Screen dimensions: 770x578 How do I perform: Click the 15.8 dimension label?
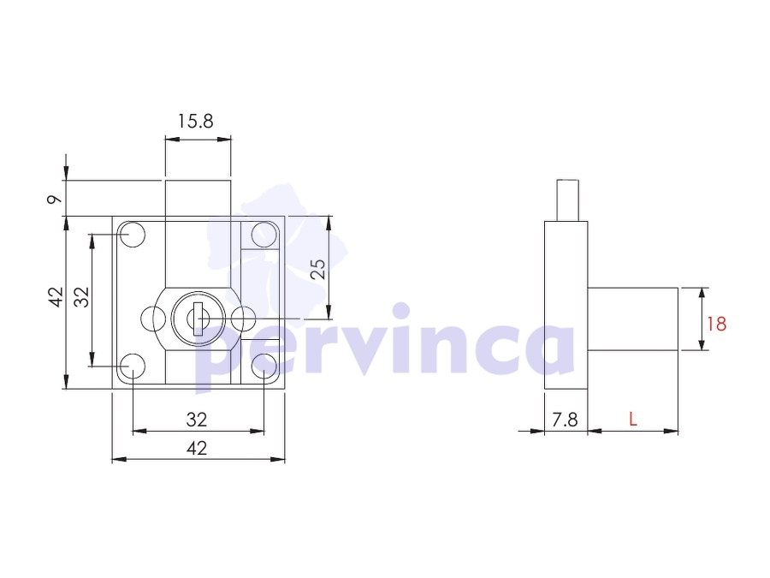(195, 121)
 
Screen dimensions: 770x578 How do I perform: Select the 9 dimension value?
(55, 199)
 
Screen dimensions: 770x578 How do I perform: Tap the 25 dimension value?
(319, 269)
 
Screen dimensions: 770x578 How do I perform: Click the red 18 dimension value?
(716, 324)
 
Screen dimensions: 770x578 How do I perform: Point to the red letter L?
(633, 420)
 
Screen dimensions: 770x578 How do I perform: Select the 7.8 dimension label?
(565, 420)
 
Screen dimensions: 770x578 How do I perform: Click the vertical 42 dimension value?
(57, 297)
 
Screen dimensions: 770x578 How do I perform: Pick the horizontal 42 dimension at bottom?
(197, 448)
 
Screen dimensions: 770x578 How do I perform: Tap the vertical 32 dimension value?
(81, 297)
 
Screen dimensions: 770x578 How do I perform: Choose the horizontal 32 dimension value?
(197, 420)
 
